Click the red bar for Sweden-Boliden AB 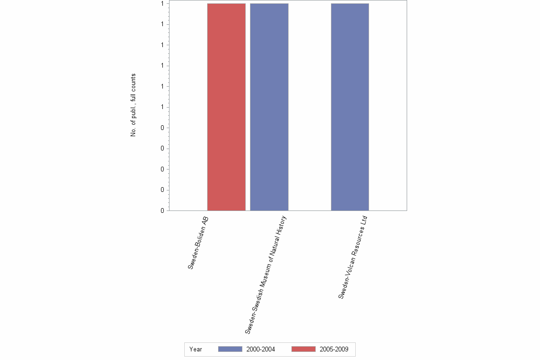point(226,107)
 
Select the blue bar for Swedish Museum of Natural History point(269,107)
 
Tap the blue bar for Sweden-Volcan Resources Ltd point(350,107)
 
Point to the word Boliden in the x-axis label point(200,241)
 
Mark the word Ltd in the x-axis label point(365,220)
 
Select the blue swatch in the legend point(230,349)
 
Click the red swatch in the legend point(303,349)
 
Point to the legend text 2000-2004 point(260,349)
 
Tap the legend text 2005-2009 point(334,349)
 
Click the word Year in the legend point(196,349)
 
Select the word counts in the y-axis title point(133,84)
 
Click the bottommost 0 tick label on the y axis point(162,210)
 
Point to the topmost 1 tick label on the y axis point(162,3)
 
